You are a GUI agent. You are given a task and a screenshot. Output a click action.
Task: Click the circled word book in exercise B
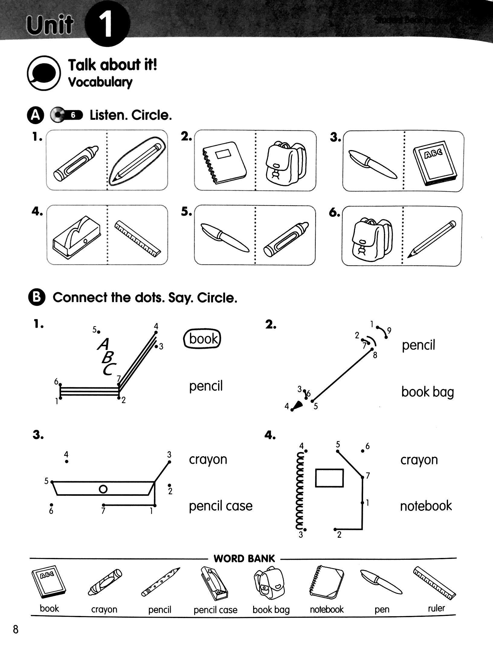202,339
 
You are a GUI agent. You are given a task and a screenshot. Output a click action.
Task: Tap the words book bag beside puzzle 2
427,392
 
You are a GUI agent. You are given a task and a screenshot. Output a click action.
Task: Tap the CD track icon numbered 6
66,115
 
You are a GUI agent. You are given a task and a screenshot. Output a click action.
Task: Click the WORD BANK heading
244,559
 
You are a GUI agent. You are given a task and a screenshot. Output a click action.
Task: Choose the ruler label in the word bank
436,608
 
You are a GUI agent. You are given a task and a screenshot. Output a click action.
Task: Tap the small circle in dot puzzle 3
103,489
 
